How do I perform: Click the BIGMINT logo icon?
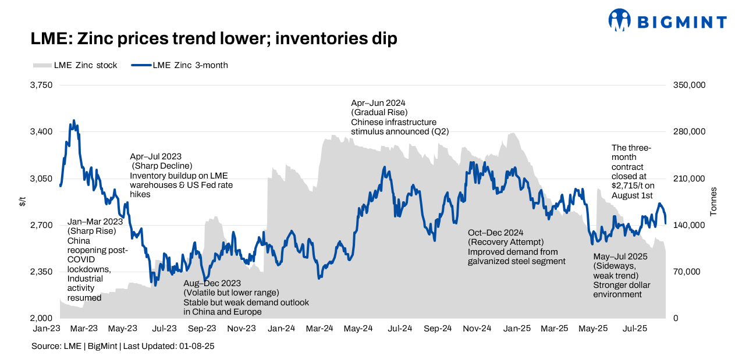[620, 20]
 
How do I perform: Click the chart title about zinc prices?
[214, 39]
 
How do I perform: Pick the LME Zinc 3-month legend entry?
[180, 65]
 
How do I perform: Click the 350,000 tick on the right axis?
[690, 85]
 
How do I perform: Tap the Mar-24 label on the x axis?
[319, 328]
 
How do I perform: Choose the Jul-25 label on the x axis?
[635, 328]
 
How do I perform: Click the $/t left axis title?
[22, 202]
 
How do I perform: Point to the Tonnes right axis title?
[713, 202]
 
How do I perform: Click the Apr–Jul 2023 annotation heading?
[156, 156]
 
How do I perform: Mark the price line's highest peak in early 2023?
[73, 120]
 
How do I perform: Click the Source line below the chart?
[123, 346]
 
